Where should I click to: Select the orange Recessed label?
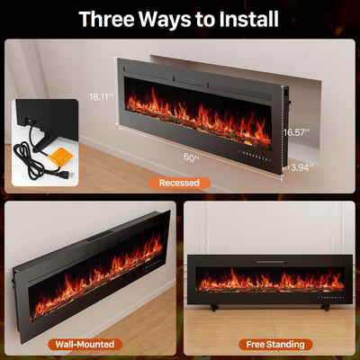[x=179, y=183]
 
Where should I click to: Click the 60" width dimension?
[x=192, y=157]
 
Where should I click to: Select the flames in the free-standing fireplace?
[x=270, y=282]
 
